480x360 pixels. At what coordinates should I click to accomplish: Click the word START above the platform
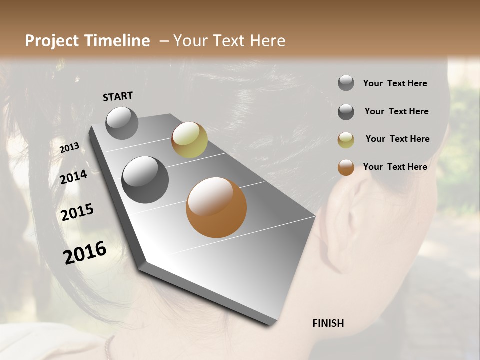(118, 96)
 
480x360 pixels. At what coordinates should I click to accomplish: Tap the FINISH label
(328, 323)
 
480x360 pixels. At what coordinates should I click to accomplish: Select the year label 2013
(69, 148)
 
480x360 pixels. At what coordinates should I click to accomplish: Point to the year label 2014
(74, 177)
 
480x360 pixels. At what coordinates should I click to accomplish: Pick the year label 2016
(85, 252)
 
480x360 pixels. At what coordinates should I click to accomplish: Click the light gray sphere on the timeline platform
(122, 123)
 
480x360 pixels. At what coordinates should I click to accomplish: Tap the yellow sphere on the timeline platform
(189, 140)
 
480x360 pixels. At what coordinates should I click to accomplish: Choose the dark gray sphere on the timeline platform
(145, 180)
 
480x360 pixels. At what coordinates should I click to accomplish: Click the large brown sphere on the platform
(216, 207)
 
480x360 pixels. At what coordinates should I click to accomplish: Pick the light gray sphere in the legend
(346, 83)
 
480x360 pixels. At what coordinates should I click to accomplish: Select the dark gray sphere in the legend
(346, 112)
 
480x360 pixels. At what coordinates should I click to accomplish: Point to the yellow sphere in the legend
(346, 140)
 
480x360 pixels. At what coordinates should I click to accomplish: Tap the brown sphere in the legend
(346, 167)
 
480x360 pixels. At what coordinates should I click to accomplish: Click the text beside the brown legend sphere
(395, 167)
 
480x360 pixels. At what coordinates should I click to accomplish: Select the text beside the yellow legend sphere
(397, 139)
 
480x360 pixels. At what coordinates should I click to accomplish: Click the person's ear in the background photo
(350, 220)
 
